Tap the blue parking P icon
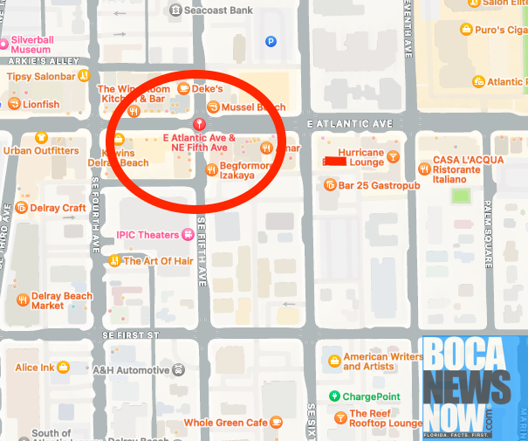pyautogui.click(x=271, y=40)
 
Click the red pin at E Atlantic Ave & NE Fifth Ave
pyautogui.click(x=201, y=123)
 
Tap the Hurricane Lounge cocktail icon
pyautogui.click(x=394, y=157)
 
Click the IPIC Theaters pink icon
pyautogui.click(x=187, y=234)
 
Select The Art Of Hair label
pyautogui.click(x=157, y=260)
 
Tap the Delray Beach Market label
pyautogui.click(x=62, y=300)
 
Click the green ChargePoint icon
pyautogui.click(x=334, y=396)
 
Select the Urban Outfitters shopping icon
pyautogui.click(x=41, y=137)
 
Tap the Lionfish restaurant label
pyautogui.click(x=41, y=105)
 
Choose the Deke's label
pyautogui.click(x=208, y=89)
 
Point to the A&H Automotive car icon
pyautogui.click(x=177, y=369)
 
